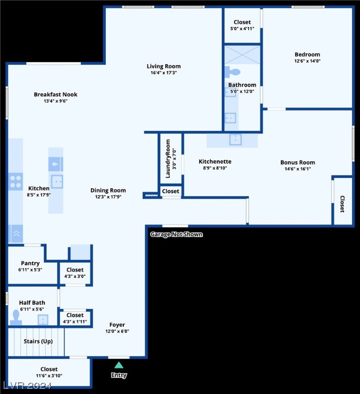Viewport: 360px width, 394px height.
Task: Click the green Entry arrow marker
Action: tap(119, 365)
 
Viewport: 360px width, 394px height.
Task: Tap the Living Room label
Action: tap(163, 66)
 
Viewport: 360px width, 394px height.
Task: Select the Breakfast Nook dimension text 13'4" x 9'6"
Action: tap(56, 101)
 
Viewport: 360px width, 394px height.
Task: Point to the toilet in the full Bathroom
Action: tap(233, 72)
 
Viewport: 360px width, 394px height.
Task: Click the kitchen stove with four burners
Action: tap(16, 181)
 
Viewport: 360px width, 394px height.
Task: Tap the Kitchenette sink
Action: tap(235, 139)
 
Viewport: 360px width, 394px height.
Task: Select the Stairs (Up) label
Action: tap(37, 341)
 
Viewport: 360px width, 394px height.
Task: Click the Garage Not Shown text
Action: tap(176, 234)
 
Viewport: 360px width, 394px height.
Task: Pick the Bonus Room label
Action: tap(297, 162)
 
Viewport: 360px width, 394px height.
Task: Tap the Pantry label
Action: tap(30, 263)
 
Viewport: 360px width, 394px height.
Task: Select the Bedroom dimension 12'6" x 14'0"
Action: tap(307, 61)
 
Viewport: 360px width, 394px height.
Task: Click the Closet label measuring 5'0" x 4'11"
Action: tap(242, 22)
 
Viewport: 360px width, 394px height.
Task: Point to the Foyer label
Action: tap(117, 325)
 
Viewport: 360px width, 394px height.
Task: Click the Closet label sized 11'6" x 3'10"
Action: tap(49, 369)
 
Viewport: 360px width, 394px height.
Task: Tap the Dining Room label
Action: tap(108, 190)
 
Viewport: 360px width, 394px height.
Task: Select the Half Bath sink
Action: tap(43, 320)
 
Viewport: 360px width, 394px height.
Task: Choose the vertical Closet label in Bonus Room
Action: tap(342, 204)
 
